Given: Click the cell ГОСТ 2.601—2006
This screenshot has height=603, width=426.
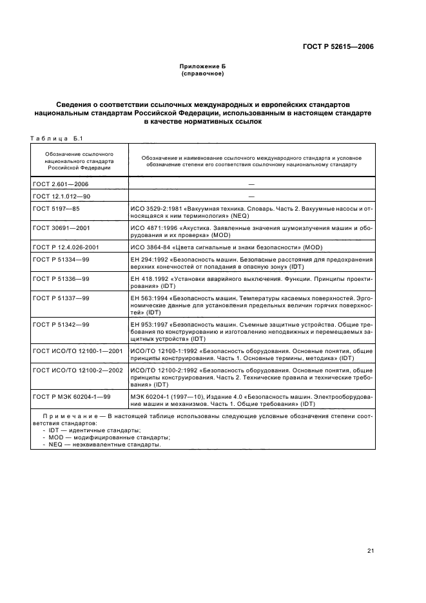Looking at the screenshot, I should coord(60,184).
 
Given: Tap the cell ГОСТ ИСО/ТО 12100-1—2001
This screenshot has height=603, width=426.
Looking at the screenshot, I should coord(77,351).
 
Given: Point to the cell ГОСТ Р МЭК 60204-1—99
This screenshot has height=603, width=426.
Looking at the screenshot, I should coord(72,397).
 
